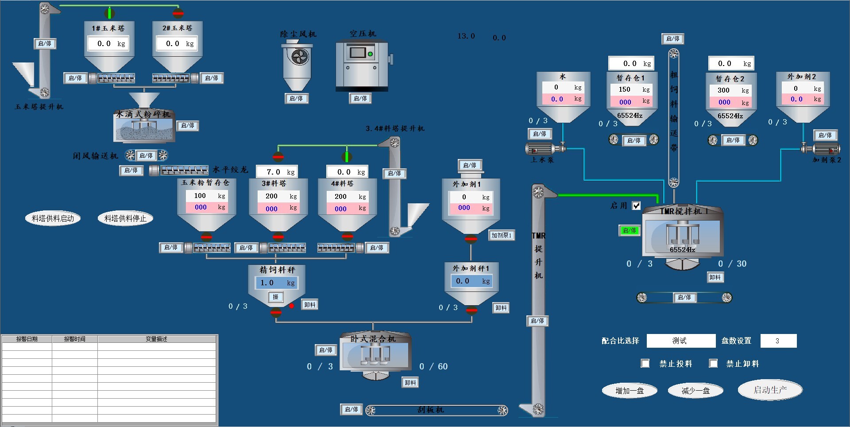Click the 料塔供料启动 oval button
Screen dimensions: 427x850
[x=53, y=218]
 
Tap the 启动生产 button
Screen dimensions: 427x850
[x=770, y=390]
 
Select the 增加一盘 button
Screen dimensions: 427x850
[x=629, y=391]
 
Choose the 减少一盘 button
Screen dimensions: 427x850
[x=695, y=391]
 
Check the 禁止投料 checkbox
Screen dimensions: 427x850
[x=645, y=364]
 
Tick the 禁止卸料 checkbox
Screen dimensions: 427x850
[x=713, y=364]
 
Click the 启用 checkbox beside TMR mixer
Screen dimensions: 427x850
[x=636, y=206]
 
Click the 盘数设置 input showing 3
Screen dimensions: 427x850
[x=778, y=341]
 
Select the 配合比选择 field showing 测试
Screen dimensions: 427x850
[x=680, y=341]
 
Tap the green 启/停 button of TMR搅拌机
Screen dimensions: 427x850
[x=629, y=230]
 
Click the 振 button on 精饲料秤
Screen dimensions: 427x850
[x=275, y=297]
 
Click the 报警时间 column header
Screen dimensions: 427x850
[x=74, y=339]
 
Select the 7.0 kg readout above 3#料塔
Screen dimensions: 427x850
[x=279, y=172]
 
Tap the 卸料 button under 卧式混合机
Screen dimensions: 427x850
[x=410, y=383]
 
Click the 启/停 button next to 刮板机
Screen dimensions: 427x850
[x=352, y=410]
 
